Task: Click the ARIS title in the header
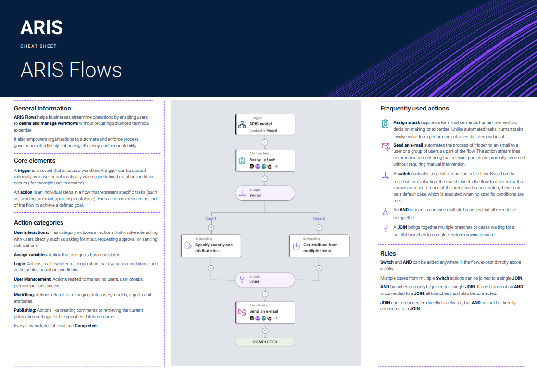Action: click(x=41, y=28)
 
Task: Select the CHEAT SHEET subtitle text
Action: click(x=38, y=46)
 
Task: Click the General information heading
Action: click(x=42, y=109)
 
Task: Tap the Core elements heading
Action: click(x=35, y=161)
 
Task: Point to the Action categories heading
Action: click(x=38, y=223)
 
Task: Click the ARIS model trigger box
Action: click(x=265, y=124)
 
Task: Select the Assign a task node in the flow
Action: click(x=265, y=160)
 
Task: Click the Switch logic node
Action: click(x=265, y=194)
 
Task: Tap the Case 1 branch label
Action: click(x=211, y=218)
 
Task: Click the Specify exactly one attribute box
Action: click(x=211, y=245)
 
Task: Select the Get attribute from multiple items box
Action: click(x=319, y=245)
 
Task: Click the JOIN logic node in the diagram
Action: click(x=265, y=280)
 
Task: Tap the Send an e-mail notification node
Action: click(x=265, y=312)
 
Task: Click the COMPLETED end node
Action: click(x=265, y=342)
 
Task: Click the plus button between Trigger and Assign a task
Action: click(x=265, y=142)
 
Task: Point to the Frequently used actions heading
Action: click(x=414, y=109)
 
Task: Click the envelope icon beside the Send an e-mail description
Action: click(x=385, y=147)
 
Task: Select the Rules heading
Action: click(x=388, y=253)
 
